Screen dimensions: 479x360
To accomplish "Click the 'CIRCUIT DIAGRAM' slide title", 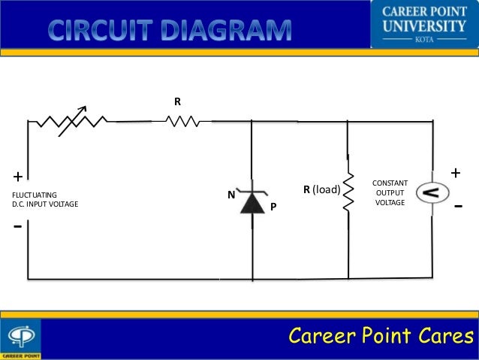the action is (172, 30).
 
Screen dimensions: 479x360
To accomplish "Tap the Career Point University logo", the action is (424, 23).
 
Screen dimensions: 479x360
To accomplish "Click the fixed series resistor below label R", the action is (183, 119).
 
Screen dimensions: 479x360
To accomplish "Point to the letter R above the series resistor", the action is (178, 101).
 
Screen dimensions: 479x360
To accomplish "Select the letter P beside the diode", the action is (273, 206).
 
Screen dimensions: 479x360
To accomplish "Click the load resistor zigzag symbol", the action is (348, 192).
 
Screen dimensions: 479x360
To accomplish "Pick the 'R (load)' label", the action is (321, 190).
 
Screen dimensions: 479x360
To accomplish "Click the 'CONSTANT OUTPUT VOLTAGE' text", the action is (390, 193).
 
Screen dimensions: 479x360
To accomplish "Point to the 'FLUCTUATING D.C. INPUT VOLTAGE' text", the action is (45, 199).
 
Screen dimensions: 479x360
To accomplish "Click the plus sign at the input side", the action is (17, 177).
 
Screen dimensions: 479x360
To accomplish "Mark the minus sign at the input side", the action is (17, 225).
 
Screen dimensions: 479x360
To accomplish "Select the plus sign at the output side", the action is (455, 173).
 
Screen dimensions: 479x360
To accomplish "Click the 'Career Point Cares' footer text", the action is (381, 335).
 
